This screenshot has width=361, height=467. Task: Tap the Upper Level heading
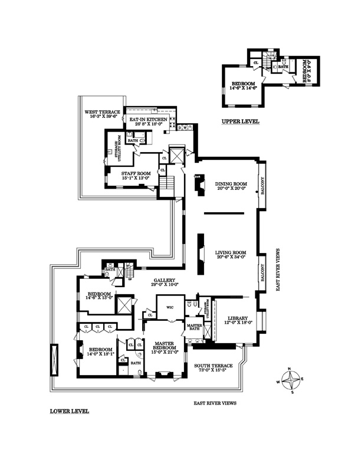coord(240,122)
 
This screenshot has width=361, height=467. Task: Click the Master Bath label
coord(194,327)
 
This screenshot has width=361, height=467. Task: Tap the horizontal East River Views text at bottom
coord(215,404)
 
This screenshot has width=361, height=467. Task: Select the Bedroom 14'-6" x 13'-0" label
coord(99,295)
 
